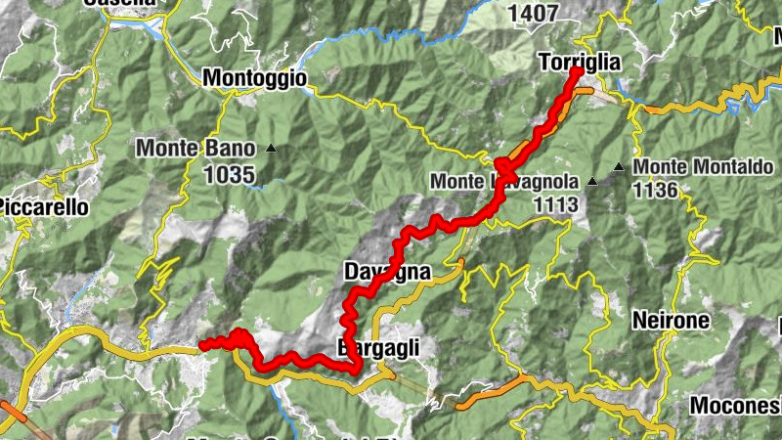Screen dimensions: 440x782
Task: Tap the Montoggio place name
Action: (254, 77)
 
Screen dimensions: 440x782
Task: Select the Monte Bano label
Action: (195, 149)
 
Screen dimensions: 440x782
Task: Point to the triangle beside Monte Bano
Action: (271, 149)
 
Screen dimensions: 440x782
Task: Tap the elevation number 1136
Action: (655, 190)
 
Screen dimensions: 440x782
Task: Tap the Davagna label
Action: (387, 272)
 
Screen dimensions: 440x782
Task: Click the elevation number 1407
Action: (534, 13)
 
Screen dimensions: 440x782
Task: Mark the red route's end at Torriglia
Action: (576, 72)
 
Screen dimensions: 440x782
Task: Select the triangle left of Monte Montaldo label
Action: (618, 168)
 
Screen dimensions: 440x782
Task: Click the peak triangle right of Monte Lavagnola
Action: (592, 182)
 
